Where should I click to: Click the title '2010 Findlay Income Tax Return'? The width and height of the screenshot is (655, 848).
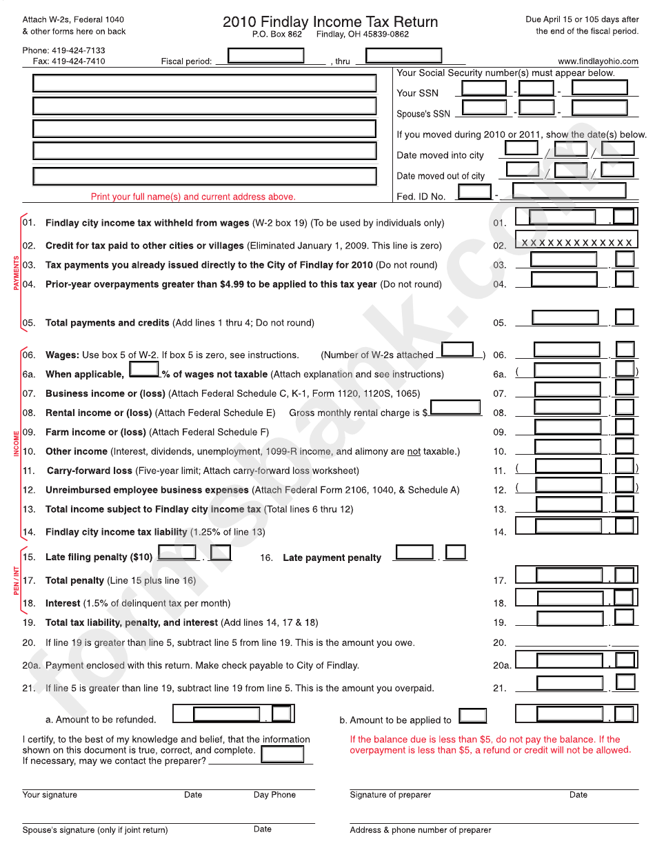[330, 21]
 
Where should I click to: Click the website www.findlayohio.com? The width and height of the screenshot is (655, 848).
[598, 61]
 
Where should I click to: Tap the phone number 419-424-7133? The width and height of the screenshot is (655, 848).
[76, 50]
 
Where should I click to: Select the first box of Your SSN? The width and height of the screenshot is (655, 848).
[484, 88]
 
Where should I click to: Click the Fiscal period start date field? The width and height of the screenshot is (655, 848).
[265, 55]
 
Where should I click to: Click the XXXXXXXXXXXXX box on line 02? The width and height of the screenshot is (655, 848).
[576, 241]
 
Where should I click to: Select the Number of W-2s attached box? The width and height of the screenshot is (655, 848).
[457, 350]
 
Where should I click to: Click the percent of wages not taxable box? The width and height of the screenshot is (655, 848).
[144, 369]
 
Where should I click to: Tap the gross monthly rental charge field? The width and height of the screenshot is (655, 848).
[455, 408]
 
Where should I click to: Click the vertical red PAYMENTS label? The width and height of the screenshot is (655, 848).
[17, 273]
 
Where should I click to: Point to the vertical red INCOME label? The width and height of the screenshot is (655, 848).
[17, 443]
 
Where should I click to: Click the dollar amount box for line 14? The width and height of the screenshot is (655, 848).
[569, 526]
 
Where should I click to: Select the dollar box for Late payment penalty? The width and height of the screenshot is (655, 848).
[414, 553]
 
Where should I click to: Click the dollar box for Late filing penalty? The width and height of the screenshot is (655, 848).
[178, 553]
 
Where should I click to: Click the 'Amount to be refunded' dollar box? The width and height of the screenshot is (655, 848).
[226, 714]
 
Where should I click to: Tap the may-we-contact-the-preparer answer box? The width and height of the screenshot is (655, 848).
[282, 754]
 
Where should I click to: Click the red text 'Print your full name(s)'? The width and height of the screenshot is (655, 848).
[193, 197]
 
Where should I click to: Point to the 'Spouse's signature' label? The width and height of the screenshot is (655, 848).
[94, 830]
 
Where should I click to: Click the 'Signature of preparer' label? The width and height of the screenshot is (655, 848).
[390, 795]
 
